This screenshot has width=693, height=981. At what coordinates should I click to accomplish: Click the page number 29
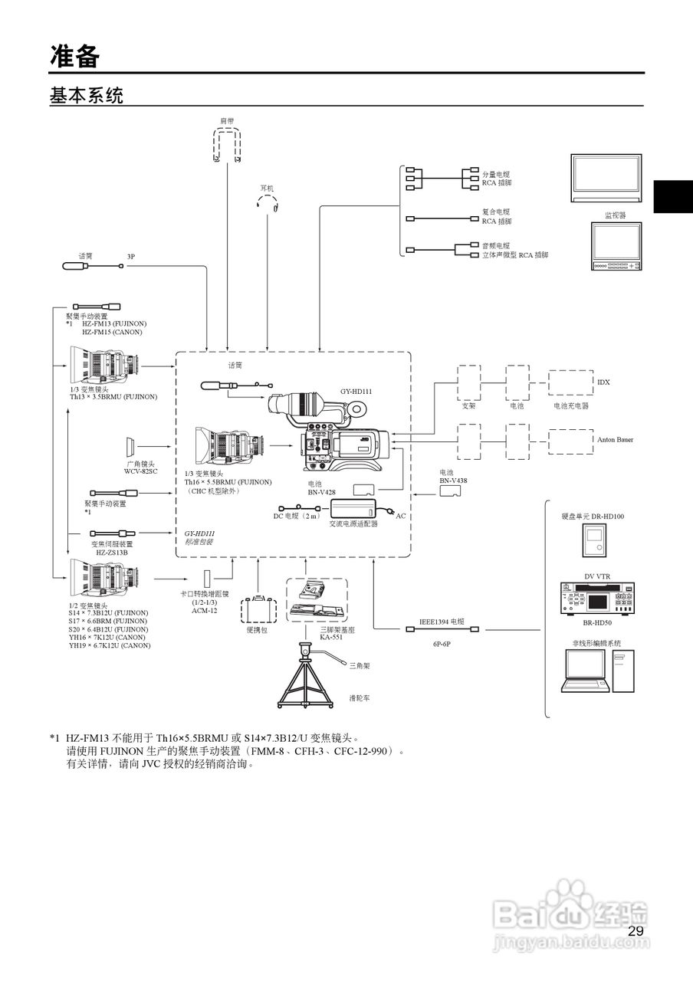click(x=636, y=931)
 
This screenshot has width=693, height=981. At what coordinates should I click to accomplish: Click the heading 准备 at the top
click(x=75, y=55)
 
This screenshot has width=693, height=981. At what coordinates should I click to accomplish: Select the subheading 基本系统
click(x=86, y=96)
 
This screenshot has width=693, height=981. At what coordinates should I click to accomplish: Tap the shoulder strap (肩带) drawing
click(x=227, y=144)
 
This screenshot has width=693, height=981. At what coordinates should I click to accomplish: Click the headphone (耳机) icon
click(x=267, y=202)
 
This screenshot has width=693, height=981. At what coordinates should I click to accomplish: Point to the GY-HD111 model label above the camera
click(x=356, y=391)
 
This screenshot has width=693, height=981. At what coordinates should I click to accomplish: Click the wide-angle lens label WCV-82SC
click(x=140, y=471)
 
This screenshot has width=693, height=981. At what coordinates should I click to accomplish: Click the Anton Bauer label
click(x=615, y=440)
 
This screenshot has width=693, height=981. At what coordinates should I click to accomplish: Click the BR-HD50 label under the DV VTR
click(x=597, y=625)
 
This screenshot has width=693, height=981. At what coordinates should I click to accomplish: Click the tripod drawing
click(x=307, y=678)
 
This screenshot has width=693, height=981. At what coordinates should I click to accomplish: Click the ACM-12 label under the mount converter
click(x=204, y=611)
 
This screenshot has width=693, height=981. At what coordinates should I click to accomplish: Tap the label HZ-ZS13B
click(x=111, y=552)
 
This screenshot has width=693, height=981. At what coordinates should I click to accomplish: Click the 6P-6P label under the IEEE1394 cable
click(x=441, y=644)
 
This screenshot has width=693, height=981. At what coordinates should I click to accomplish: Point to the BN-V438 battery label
click(x=453, y=480)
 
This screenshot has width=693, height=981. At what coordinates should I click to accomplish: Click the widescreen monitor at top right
click(x=606, y=178)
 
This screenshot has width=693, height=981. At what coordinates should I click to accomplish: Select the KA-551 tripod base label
click(x=331, y=637)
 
